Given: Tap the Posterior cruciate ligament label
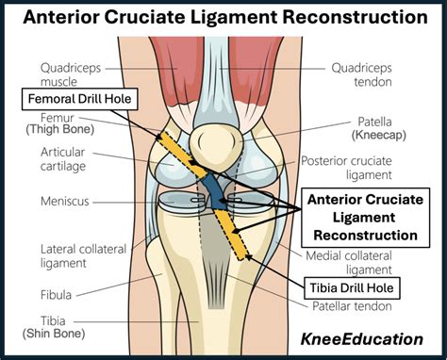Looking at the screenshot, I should click(x=359, y=167).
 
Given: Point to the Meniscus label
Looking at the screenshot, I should click(x=64, y=201).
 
